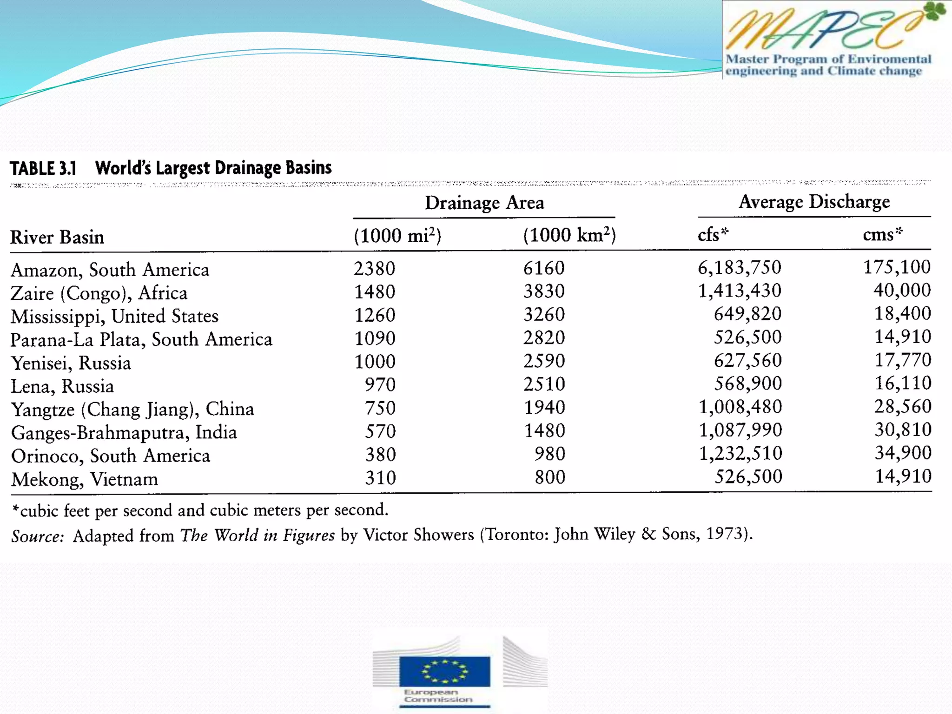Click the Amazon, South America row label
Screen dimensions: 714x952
pos(110,270)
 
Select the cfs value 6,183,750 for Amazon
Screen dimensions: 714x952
pos(740,268)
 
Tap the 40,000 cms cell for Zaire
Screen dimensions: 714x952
pos(902,291)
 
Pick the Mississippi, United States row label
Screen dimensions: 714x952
pos(114,317)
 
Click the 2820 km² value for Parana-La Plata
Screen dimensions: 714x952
pos(544,338)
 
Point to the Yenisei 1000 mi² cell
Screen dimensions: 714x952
pos(375,362)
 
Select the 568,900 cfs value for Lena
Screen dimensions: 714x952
pos(748,384)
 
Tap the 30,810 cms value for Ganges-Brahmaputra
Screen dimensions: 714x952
pos(903,430)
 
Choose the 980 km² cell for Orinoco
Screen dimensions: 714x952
pos(549,454)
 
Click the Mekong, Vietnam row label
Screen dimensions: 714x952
pos(85,479)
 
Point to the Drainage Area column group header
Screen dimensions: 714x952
pos(484,203)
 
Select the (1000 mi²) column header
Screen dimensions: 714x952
pos(397,236)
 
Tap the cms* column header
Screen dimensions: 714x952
pos(882,234)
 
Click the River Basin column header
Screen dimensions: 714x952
pos(57,238)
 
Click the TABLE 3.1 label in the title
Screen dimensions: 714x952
pos(43,168)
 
